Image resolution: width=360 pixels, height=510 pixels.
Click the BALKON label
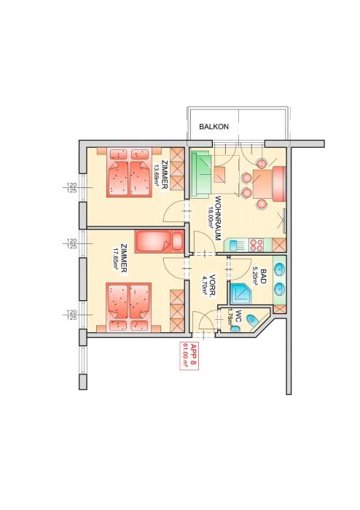[x=214, y=127]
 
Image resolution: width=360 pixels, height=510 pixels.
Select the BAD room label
[x=263, y=276]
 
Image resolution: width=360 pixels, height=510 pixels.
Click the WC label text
[x=239, y=315]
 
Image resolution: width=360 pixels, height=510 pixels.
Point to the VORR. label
[x=213, y=286]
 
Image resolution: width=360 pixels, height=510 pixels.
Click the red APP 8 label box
[x=189, y=356]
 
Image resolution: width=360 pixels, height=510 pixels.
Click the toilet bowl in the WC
[x=252, y=320]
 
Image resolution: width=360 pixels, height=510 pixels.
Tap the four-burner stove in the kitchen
[x=257, y=246]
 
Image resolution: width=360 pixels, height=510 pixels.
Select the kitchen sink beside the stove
[x=236, y=246]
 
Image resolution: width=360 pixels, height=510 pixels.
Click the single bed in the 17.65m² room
[x=160, y=241]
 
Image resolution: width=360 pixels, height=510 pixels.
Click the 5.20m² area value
[x=256, y=276]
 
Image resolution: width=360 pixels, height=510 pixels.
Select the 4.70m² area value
[x=206, y=286]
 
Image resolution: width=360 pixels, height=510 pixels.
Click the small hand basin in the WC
[x=235, y=329]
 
